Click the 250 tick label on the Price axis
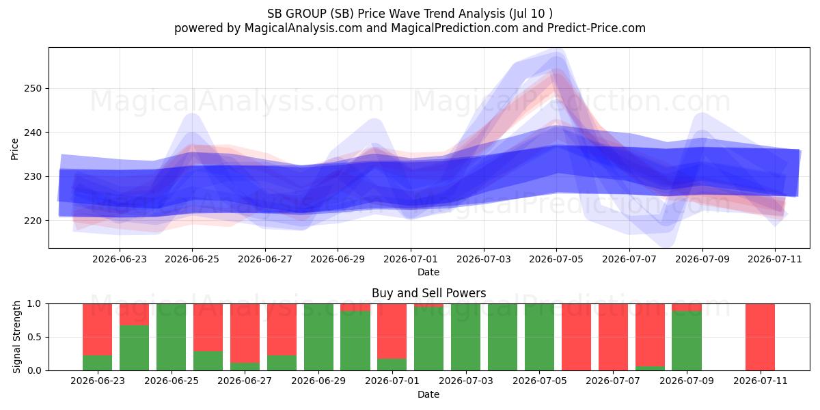[x=33, y=89]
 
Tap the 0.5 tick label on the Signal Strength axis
[x=34, y=337]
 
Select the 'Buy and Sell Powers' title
[x=428, y=293]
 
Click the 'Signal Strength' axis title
[x=16, y=337]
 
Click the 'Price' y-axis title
[x=14, y=149]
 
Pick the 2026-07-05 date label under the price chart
[x=556, y=259]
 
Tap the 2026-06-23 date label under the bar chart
[x=97, y=381]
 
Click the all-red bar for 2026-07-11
[x=760, y=337]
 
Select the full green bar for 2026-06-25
[x=171, y=337]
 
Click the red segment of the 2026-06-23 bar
[x=97, y=329]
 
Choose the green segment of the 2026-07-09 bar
[x=686, y=341]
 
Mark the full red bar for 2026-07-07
[x=613, y=337]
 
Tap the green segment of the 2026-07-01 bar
[x=392, y=365]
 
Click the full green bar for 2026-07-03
[x=465, y=337]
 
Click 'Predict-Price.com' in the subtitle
[x=597, y=28]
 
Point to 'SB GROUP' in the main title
[x=297, y=14]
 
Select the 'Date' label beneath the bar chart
[x=428, y=394]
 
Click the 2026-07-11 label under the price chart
[x=775, y=259]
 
